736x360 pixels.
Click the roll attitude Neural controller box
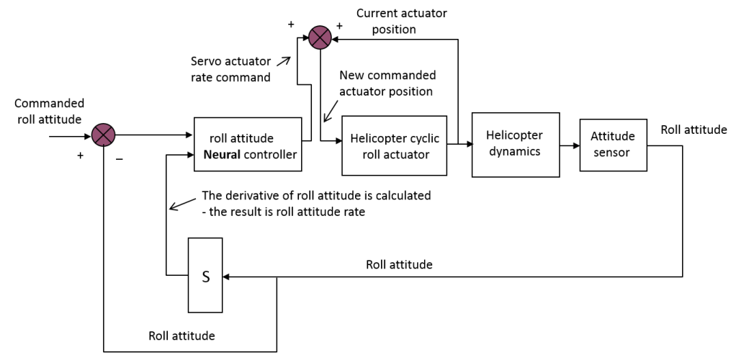[x=248, y=144]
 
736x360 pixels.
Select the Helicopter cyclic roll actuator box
[x=394, y=145]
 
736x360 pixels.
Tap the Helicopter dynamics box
[x=516, y=144]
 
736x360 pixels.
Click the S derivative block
[x=205, y=275]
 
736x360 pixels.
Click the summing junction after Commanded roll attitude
[x=104, y=133]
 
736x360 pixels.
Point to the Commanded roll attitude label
[x=49, y=111]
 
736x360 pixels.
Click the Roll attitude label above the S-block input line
[x=399, y=264]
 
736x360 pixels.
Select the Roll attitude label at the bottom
[x=181, y=335]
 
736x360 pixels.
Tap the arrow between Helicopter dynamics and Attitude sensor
[x=570, y=145]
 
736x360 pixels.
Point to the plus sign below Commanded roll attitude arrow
[x=80, y=156]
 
